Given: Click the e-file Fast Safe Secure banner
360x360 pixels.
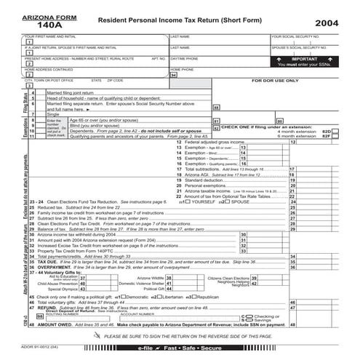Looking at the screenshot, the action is point(180,350).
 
